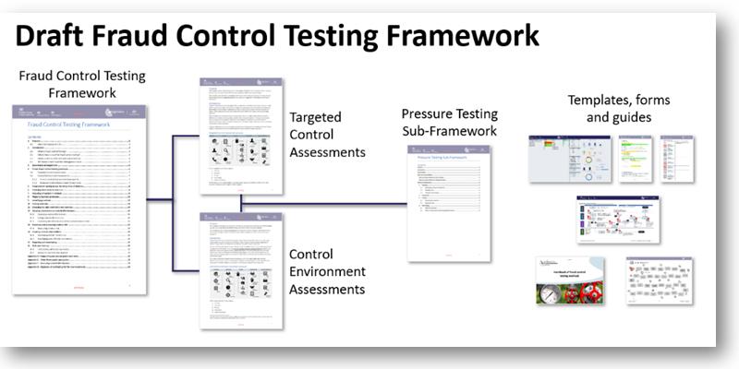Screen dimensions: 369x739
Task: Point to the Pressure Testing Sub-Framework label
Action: click(x=449, y=123)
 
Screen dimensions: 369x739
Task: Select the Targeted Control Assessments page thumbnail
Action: click(x=239, y=135)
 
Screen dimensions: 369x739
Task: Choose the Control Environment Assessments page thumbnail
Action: click(x=239, y=269)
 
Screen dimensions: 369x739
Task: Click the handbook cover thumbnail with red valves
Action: click(x=570, y=280)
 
